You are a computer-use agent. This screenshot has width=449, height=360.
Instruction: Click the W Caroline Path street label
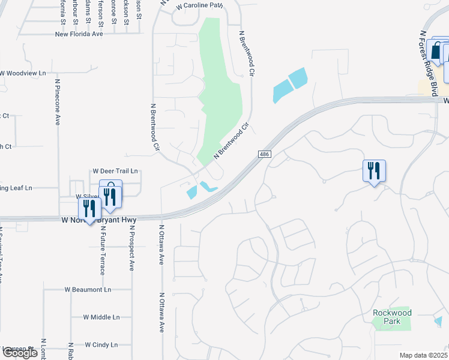(x=200, y=5)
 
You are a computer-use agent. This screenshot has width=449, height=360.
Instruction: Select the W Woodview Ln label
(x=23, y=73)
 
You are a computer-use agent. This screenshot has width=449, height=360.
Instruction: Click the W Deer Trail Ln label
(x=115, y=171)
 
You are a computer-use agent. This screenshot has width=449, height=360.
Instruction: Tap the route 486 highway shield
(x=264, y=155)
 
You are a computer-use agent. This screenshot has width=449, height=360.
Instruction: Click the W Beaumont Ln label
(x=88, y=289)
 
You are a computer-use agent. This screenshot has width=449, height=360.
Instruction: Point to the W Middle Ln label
(x=101, y=317)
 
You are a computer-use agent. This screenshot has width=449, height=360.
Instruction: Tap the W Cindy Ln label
(x=101, y=345)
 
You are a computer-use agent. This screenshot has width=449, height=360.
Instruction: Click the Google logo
(x=20, y=353)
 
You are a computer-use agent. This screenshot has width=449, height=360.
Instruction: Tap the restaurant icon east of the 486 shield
(x=374, y=172)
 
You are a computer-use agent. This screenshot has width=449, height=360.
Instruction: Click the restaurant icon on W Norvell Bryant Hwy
(x=89, y=209)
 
